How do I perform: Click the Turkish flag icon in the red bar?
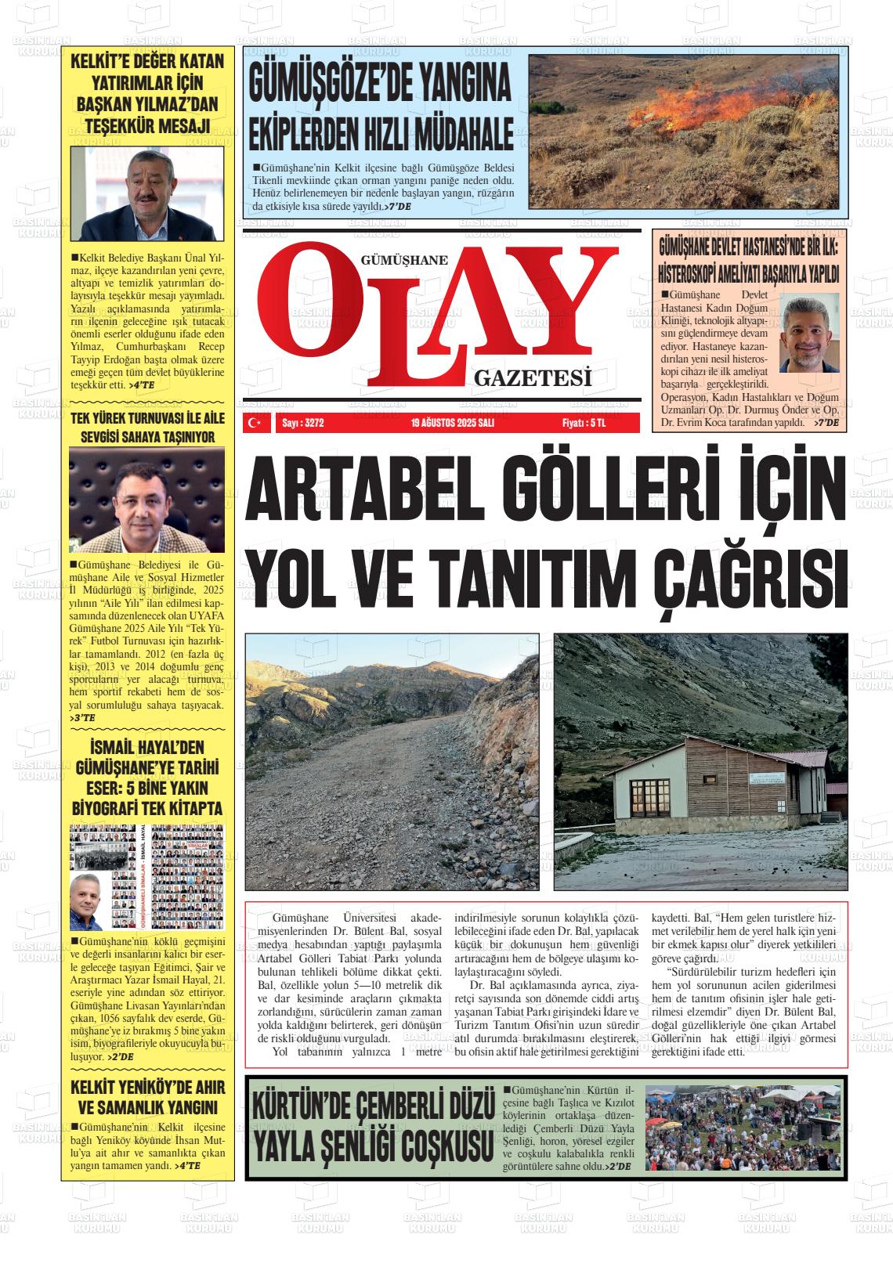(254, 423)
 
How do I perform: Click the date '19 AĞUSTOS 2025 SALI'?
(452, 423)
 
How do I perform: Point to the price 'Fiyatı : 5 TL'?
(584, 423)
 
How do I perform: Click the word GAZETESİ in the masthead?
(532, 380)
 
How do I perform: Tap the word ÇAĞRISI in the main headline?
(750, 577)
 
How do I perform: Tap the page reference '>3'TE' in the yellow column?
(82, 717)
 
